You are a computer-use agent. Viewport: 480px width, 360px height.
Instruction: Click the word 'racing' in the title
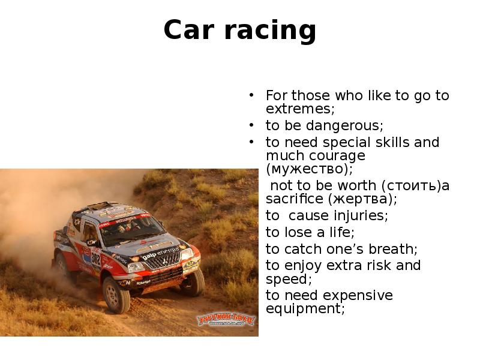[271, 30]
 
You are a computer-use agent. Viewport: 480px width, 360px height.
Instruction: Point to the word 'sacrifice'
[294, 199]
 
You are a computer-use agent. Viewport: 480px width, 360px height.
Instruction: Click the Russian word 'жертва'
[360, 199]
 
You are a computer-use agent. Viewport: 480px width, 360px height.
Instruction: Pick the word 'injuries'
[359, 215]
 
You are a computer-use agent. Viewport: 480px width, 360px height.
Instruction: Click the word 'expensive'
[358, 296]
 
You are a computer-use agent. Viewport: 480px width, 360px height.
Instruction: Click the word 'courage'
[337, 156]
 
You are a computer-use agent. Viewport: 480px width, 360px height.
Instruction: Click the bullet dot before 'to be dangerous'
[251, 125]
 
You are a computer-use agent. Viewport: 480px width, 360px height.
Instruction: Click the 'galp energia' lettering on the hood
[160, 253]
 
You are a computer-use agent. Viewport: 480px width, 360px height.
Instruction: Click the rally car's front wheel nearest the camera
[116, 294]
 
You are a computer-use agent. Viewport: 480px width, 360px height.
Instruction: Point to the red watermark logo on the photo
[226, 319]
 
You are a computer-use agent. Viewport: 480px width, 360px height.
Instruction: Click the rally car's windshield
[132, 230]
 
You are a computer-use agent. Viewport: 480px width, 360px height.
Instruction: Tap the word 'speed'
[287, 279]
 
